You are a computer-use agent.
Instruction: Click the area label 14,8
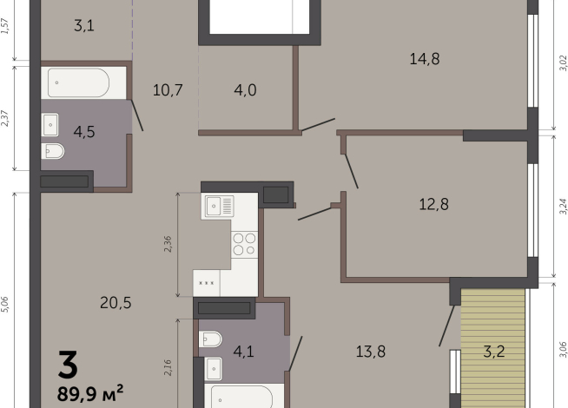point(426,59)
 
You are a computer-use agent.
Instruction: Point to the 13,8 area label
point(371,351)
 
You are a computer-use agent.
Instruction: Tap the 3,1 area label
point(83,25)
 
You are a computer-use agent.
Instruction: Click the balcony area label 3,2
point(495,352)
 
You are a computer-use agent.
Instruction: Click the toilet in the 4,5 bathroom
point(52,153)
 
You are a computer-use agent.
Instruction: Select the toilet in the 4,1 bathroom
point(210,339)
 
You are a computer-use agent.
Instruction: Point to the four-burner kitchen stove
point(244,244)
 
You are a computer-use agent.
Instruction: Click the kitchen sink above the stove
point(218,206)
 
